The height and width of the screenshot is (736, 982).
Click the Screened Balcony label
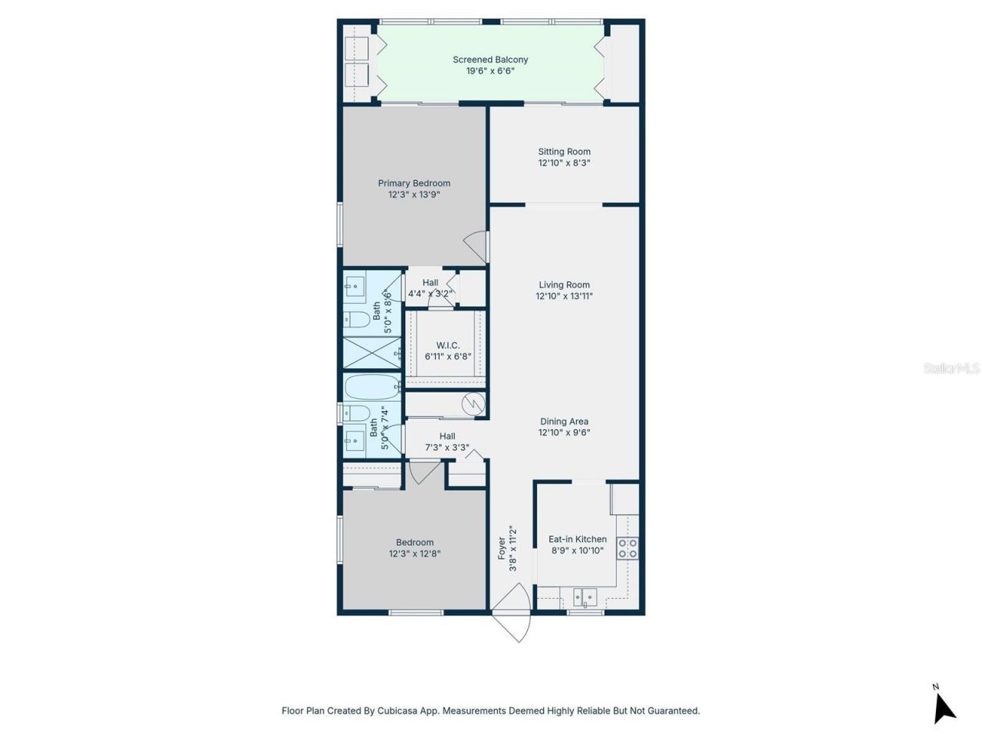pyautogui.click(x=490, y=60)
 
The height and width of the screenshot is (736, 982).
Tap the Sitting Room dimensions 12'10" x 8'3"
pyautogui.click(x=564, y=163)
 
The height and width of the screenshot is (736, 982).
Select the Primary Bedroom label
pyautogui.click(x=414, y=183)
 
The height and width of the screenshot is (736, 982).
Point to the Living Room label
pyautogui.click(x=564, y=285)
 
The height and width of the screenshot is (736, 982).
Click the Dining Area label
pyautogui.click(x=564, y=422)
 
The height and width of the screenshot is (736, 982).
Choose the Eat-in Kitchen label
pyautogui.click(x=577, y=540)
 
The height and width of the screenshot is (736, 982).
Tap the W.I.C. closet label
pyautogui.click(x=447, y=346)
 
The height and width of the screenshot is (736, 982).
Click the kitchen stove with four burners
pyautogui.click(x=628, y=548)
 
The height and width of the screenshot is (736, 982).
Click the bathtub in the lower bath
pyautogui.click(x=371, y=387)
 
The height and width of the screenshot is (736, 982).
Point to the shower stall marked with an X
pyautogui.click(x=371, y=353)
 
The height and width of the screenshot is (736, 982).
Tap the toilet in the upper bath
pyautogui.click(x=358, y=319)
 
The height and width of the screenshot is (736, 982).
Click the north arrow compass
pyautogui.click(x=943, y=705)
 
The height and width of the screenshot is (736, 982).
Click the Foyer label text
pyautogui.click(x=502, y=548)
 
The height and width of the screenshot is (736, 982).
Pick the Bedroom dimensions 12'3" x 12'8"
pyautogui.click(x=414, y=554)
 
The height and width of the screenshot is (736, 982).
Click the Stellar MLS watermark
pyautogui.click(x=951, y=369)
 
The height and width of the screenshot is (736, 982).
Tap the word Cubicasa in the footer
pyautogui.click(x=397, y=711)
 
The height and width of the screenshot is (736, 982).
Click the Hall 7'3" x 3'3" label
pyautogui.click(x=447, y=442)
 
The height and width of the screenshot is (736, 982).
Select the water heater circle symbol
pyautogui.click(x=473, y=402)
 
